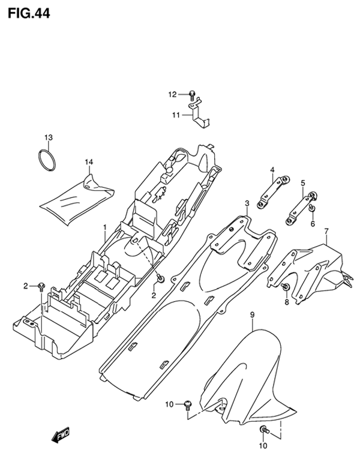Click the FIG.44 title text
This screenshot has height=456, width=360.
pyautogui.click(x=29, y=13)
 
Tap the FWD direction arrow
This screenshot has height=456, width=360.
pyautogui.click(x=61, y=435)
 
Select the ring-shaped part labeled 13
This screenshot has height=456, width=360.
pyautogui.click(x=47, y=160)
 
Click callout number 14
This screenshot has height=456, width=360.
pyautogui.click(x=89, y=162)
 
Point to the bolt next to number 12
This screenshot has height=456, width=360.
pyautogui.click(x=192, y=94)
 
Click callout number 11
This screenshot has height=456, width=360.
pyautogui.click(x=176, y=115)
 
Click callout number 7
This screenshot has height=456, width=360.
pyautogui.click(x=326, y=232)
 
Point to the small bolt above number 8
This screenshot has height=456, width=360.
pyautogui.click(x=286, y=287)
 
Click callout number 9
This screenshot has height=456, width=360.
pyautogui.click(x=252, y=314)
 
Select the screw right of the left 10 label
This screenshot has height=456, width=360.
pyautogui.click(x=188, y=405)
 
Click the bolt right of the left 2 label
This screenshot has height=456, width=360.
pyautogui.click(x=41, y=287)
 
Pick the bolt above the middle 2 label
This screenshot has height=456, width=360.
pyautogui.click(x=160, y=279)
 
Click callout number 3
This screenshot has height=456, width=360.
pyautogui.click(x=247, y=203)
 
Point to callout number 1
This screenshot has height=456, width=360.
pyautogui.click(x=105, y=227)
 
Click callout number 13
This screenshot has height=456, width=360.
pyautogui.click(x=49, y=137)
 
